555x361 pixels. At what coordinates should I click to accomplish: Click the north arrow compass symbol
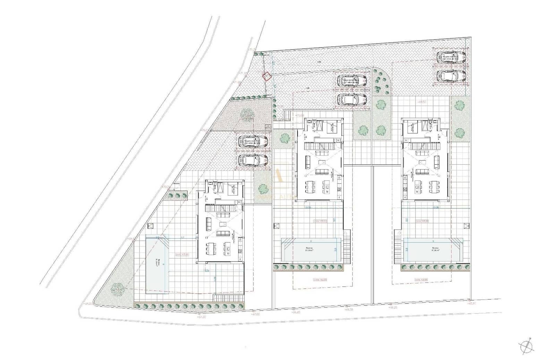(x=526, y=345)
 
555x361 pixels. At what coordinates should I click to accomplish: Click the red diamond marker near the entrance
(x=267, y=76)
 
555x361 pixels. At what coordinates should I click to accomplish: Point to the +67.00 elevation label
(x=255, y=314)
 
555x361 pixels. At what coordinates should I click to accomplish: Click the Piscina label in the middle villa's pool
(x=309, y=248)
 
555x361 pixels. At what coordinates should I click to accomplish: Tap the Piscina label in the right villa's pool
(x=435, y=248)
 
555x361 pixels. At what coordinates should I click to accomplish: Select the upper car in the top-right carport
(x=451, y=57)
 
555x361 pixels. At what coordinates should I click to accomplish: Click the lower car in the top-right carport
(x=451, y=75)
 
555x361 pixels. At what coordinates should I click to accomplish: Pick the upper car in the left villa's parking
(x=253, y=141)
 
